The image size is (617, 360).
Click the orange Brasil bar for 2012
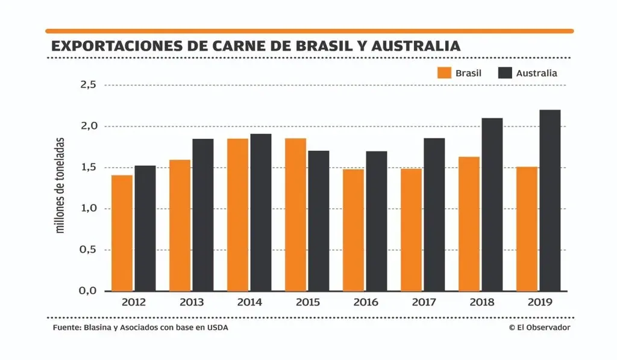pyautogui.click(x=122, y=233)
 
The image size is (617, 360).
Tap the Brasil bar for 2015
pyautogui.click(x=295, y=215)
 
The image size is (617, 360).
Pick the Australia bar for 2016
pyautogui.click(x=377, y=221)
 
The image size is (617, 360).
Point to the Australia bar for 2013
pyautogui.click(x=203, y=215)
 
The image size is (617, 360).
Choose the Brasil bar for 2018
pyautogui.click(x=469, y=224)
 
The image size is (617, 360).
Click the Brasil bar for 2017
pyautogui.click(x=412, y=230)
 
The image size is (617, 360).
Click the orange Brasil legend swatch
pyautogui.click(x=444, y=73)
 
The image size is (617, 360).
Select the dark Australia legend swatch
pyautogui.click(x=505, y=73)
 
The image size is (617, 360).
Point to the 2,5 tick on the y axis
pyautogui.click(x=89, y=85)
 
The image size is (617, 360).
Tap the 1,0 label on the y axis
pyautogui.click(x=89, y=209)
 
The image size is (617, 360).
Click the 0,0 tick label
pyautogui.click(x=89, y=291)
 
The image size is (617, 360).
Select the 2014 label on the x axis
pyautogui.click(x=249, y=302)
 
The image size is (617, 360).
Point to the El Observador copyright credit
pyautogui.click(x=539, y=327)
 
